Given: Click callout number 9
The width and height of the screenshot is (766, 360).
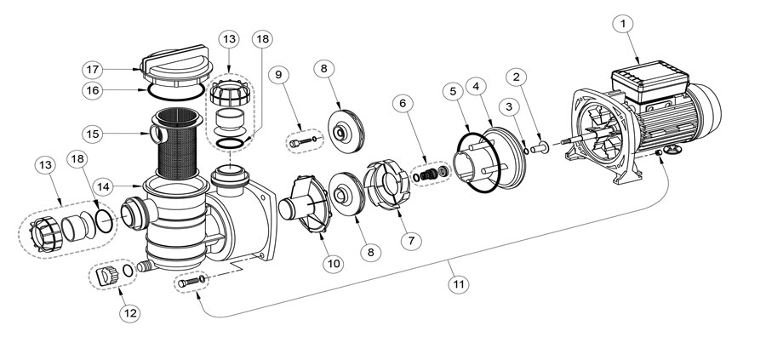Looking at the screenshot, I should tap(278, 74).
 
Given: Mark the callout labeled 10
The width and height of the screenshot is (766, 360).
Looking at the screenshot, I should tap(333, 264).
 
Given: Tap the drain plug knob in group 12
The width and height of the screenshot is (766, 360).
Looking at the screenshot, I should tap(107, 277).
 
